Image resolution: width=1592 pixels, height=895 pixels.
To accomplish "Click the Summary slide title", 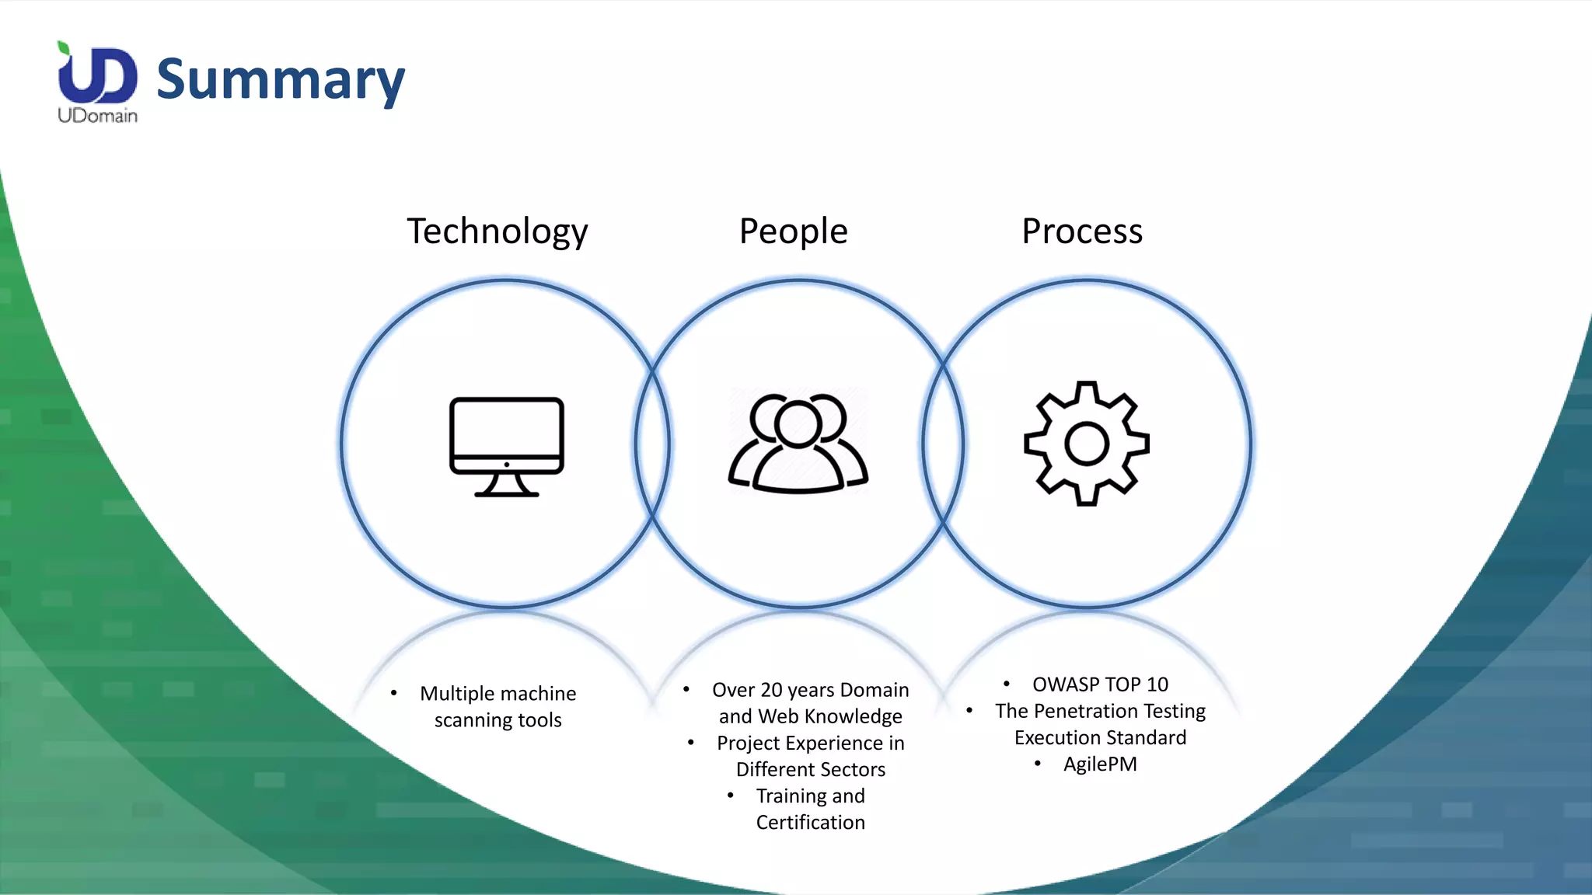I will tap(280, 79).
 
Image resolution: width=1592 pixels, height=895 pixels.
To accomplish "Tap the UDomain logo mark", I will tap(97, 75).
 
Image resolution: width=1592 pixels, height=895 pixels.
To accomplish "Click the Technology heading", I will tap(497, 231).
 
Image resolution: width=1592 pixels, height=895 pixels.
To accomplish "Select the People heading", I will tap(793, 231).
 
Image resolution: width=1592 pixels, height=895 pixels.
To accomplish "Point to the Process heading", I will tap(1082, 231).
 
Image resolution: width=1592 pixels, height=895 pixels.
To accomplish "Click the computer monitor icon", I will tap(507, 445).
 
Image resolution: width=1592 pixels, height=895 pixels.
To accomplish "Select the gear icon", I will tap(1087, 444).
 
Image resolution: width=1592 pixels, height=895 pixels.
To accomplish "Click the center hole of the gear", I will tap(1087, 444).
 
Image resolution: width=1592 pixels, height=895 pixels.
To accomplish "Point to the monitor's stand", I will tap(507, 486).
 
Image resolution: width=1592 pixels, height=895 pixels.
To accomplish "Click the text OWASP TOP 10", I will tap(1100, 684).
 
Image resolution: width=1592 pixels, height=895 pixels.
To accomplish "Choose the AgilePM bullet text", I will tap(1100, 764).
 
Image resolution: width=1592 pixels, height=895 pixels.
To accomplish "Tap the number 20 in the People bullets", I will tap(771, 690).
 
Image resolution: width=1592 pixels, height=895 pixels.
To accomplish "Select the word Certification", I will tap(810, 823).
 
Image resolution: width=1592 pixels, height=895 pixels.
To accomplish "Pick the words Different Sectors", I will tap(811, 770).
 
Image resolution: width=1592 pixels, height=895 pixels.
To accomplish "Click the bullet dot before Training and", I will tap(731, 796).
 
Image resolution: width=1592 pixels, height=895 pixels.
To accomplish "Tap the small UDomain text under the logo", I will tap(97, 116).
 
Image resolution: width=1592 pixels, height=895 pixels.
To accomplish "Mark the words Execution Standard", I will tap(1100, 738).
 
